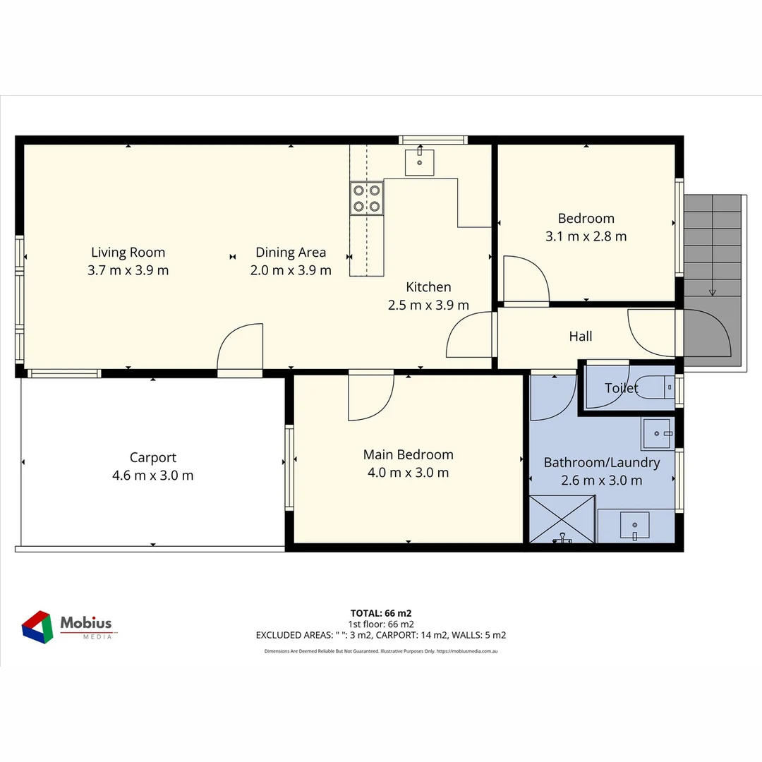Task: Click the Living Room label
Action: [128, 253]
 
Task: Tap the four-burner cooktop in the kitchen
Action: [367, 198]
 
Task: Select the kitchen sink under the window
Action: [420, 162]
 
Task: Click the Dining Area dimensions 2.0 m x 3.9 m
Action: [291, 270]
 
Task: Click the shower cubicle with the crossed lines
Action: [562, 519]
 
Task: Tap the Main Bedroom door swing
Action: [371, 397]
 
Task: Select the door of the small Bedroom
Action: [526, 281]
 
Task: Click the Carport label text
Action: [153, 457]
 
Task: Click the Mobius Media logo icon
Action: [37, 627]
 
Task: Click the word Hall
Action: [581, 337]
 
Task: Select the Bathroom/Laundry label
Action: [602, 463]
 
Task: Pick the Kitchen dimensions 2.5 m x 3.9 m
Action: [428, 306]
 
